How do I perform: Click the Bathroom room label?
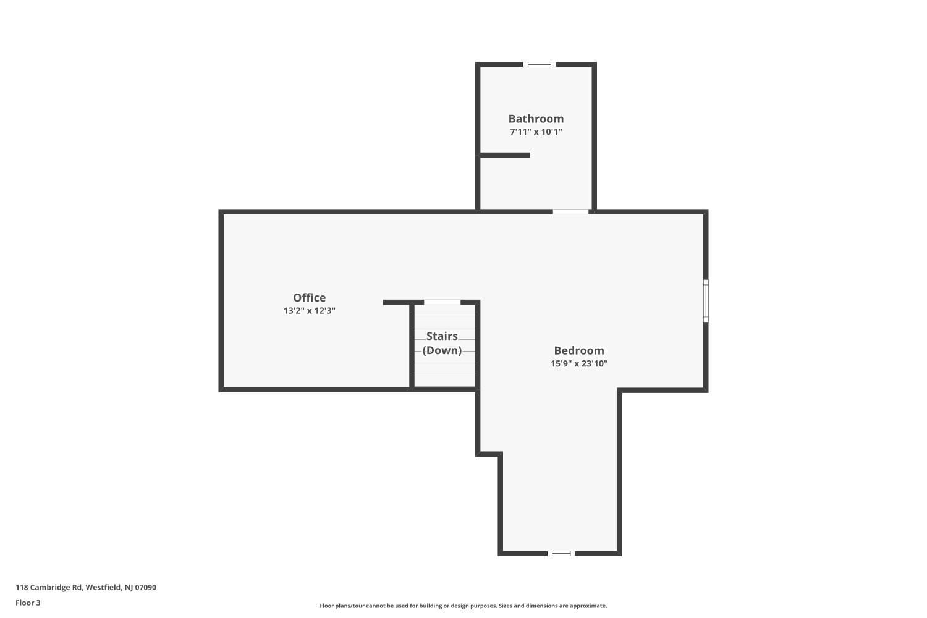coord(536,119)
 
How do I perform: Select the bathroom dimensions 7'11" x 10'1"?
coord(536,132)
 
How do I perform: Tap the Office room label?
coord(309,298)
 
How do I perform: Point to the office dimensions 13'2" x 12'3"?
coord(309,311)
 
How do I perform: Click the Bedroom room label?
coord(579,350)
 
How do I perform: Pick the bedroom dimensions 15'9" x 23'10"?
coord(579,364)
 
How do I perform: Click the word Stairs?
coord(442,336)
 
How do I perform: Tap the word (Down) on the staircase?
coord(442,350)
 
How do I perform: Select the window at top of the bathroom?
coord(540,64)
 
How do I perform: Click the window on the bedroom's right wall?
coord(706,301)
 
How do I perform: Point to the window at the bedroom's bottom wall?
coord(561,554)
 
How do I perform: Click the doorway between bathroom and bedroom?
coord(570,212)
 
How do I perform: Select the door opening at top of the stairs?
coord(442,303)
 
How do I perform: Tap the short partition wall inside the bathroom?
coord(505,155)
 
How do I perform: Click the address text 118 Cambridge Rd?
coord(48,587)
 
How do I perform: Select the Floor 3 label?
coord(28,603)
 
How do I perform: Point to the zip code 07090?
coord(146,587)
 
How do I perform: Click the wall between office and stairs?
coord(412,346)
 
